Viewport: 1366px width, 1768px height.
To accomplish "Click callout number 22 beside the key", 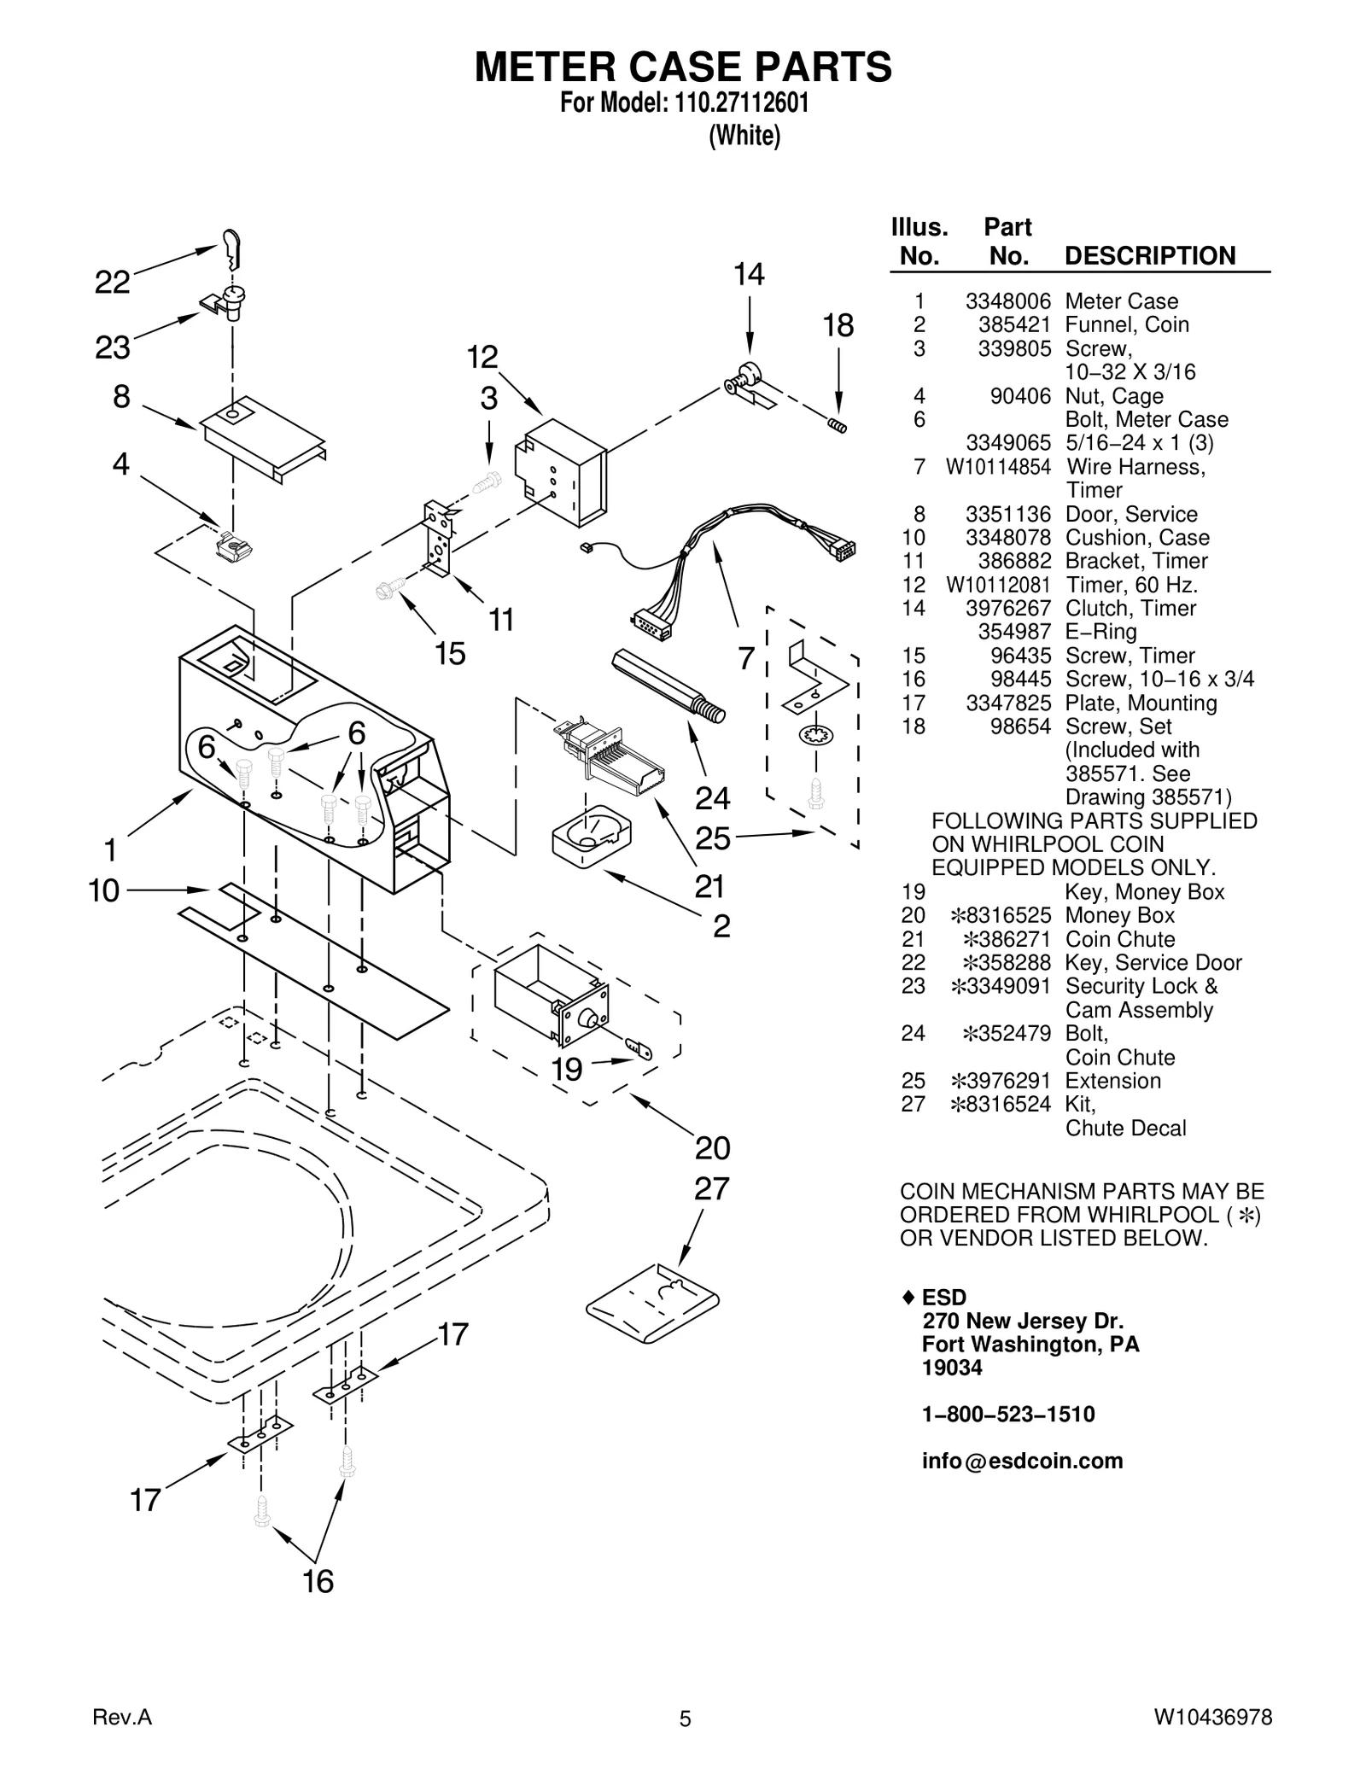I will pyautogui.click(x=112, y=283).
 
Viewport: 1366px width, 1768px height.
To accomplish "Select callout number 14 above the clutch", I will pyautogui.click(x=749, y=274).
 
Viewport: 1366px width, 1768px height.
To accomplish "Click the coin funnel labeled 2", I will pyautogui.click(x=592, y=836).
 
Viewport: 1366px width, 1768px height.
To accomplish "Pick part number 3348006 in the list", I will pyautogui.click(x=1007, y=301).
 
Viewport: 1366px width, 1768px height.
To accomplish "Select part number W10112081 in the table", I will pyautogui.click(x=998, y=585).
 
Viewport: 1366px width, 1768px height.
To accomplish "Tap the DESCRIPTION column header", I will pyautogui.click(x=1149, y=256).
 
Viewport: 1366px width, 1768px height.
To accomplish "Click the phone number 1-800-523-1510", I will pyautogui.click(x=1007, y=1415).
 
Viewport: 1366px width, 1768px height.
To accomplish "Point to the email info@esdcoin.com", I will pyautogui.click(x=1022, y=1462).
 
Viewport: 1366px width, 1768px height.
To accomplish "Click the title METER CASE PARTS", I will pyautogui.click(x=683, y=67).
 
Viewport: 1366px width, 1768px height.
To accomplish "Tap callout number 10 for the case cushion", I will pyautogui.click(x=104, y=890).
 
